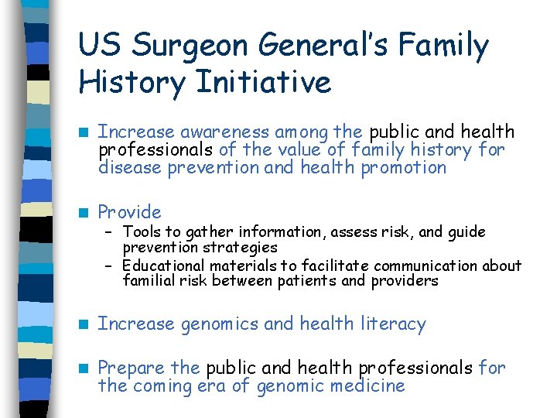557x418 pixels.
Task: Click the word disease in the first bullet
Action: [x=128, y=167]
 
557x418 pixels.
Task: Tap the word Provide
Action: [x=129, y=212]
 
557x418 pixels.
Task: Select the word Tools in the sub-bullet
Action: [x=141, y=231]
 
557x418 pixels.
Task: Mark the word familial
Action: [x=149, y=281]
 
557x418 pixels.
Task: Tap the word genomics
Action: [x=220, y=324]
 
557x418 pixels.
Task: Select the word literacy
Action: [x=395, y=324]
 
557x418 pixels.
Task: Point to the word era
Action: [x=233, y=385]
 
